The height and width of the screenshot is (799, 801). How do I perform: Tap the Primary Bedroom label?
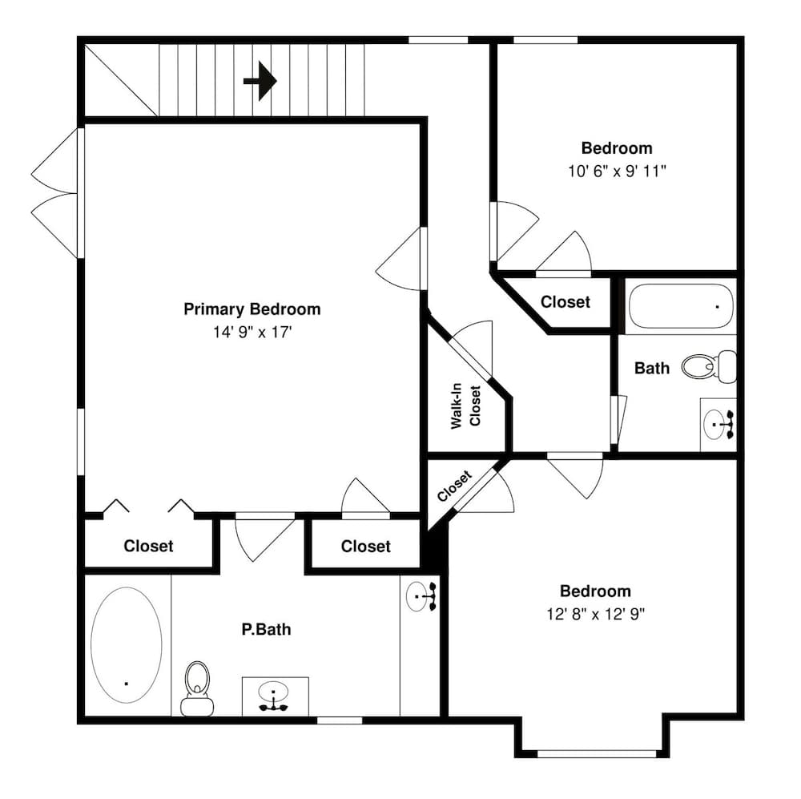coord(252,309)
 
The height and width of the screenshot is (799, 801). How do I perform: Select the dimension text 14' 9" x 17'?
coord(252,331)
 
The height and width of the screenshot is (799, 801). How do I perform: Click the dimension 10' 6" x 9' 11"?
coord(617,171)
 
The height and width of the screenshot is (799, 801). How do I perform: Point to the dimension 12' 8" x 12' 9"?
coord(595,614)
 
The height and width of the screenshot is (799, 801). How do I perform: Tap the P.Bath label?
coord(267,630)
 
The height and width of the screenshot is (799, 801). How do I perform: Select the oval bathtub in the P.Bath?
coord(127,645)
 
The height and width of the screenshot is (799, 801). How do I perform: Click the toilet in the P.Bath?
coord(196,687)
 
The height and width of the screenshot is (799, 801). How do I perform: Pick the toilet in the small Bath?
coord(710,366)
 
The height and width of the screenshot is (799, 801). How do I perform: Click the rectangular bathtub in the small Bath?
coord(680,306)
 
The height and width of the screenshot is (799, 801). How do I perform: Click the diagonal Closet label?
coord(454,486)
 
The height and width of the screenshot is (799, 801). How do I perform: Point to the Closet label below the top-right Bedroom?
coord(566,302)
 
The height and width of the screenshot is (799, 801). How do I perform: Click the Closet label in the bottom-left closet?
coord(148,547)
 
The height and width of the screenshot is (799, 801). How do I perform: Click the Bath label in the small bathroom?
coord(652,369)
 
